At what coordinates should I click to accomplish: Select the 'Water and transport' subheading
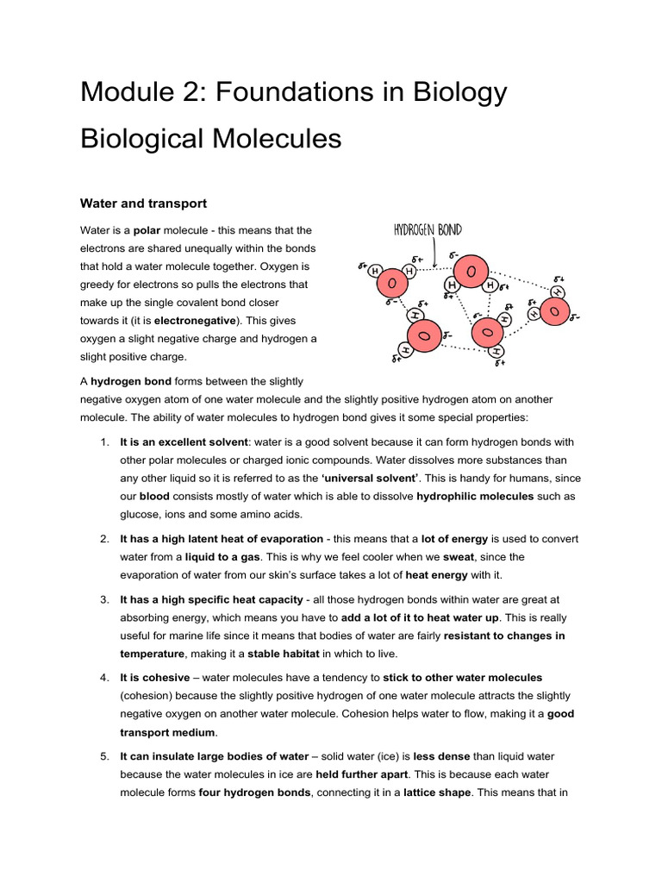pyautogui.click(x=143, y=204)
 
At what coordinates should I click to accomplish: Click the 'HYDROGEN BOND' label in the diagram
pyautogui.click(x=428, y=229)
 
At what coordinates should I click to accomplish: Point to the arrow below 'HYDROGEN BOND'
pyautogui.click(x=440, y=251)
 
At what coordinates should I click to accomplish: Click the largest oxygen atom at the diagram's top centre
pyautogui.click(x=471, y=272)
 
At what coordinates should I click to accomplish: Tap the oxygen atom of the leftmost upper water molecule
pyautogui.click(x=392, y=282)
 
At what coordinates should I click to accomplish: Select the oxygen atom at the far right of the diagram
pyautogui.click(x=554, y=310)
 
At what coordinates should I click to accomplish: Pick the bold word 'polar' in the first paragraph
pyautogui.click(x=147, y=230)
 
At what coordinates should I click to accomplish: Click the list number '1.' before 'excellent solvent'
pyautogui.click(x=102, y=441)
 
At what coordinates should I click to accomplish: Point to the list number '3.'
pyautogui.click(x=102, y=598)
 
